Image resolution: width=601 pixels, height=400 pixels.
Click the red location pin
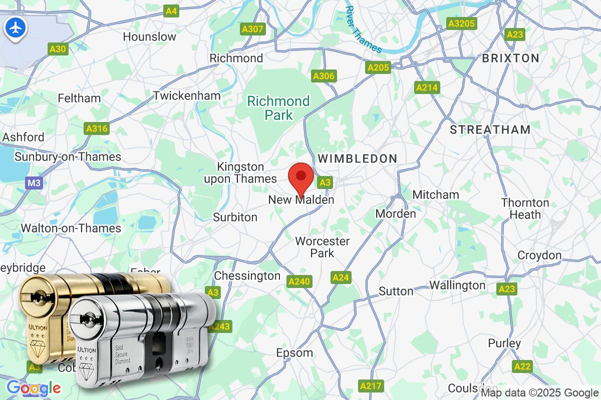point(301,177)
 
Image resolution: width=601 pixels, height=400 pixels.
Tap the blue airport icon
point(15,28)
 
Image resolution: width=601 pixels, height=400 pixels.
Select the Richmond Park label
point(279,108)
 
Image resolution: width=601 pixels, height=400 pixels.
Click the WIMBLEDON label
point(358,158)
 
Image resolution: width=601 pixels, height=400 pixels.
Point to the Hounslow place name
point(149,36)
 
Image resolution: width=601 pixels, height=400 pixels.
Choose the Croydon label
point(539,255)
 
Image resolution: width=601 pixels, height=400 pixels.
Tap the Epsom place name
point(294,353)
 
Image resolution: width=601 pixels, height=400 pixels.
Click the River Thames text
point(364,29)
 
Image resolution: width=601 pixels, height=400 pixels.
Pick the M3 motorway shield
point(34,183)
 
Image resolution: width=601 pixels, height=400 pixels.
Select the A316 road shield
point(97,129)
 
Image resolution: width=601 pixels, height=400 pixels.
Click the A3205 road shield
point(462,23)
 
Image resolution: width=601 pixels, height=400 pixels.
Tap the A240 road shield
point(299,282)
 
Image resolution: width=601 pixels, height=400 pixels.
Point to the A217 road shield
point(371,386)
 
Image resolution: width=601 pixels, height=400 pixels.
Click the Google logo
point(34,388)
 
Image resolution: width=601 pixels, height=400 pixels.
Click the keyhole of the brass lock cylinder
point(36,294)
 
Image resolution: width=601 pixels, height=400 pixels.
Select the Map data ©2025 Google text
point(539,392)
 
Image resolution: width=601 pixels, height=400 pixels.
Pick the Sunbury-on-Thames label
point(68,157)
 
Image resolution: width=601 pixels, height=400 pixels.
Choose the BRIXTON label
point(510,58)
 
